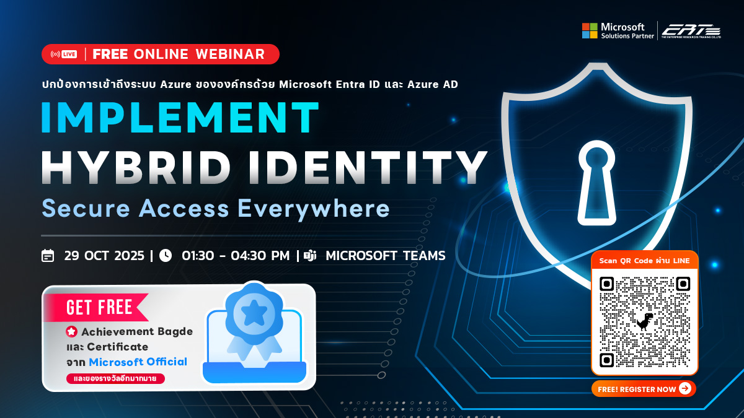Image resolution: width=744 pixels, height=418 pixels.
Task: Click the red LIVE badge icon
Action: pyautogui.click(x=64, y=54)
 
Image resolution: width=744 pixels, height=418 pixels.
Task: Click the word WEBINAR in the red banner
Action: pyautogui.click(x=230, y=54)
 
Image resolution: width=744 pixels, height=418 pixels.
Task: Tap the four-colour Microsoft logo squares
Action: pyautogui.click(x=590, y=30)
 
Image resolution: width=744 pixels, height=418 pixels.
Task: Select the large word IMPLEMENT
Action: pyautogui.click(x=180, y=118)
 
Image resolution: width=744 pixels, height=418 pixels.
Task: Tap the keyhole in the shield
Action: pyautogui.click(x=598, y=180)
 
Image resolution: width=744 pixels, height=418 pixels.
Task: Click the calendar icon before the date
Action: pyautogui.click(x=48, y=255)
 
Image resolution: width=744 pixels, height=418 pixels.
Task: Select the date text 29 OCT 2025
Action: pyautogui.click(x=104, y=255)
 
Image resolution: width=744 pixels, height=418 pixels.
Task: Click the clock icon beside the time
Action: pyautogui.click(x=166, y=255)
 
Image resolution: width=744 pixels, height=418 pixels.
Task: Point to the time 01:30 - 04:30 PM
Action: pyautogui.click(x=236, y=255)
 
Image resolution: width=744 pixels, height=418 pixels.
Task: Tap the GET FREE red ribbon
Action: pyautogui.click(x=99, y=307)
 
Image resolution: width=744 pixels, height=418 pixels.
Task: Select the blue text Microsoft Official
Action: pyautogui.click(x=138, y=362)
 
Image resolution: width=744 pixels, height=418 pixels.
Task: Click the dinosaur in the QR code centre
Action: pyautogui.click(x=645, y=321)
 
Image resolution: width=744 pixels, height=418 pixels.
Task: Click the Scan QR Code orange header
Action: pyautogui.click(x=644, y=261)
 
